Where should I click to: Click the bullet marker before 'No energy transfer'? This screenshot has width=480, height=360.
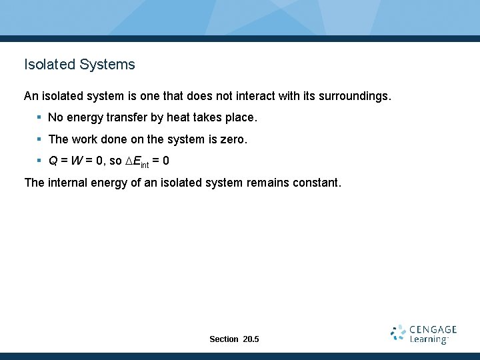[39, 117]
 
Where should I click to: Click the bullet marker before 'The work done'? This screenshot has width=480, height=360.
[39, 139]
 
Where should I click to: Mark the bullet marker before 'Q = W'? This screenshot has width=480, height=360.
[39, 161]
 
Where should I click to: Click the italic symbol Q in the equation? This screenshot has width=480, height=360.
[53, 161]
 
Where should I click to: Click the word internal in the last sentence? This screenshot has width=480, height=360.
[70, 182]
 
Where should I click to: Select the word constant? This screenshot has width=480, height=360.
[317, 182]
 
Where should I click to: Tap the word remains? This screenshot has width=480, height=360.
[268, 182]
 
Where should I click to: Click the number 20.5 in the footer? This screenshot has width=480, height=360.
[251, 339]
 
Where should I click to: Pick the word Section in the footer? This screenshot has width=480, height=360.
[223, 339]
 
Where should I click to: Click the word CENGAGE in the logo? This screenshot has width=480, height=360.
[433, 329]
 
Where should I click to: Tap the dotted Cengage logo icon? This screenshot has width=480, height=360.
[399, 333]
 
